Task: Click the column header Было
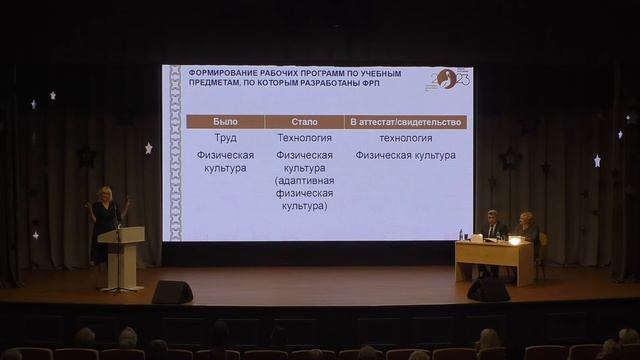pyautogui.click(x=225, y=122)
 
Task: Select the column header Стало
pyautogui.click(x=305, y=122)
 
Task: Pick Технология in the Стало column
pyautogui.click(x=305, y=138)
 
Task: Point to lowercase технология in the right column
pyautogui.click(x=406, y=138)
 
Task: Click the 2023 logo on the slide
pyautogui.click(x=447, y=79)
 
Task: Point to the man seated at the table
pyautogui.click(x=493, y=228)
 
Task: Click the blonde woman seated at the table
pyautogui.click(x=527, y=229)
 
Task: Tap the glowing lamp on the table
pyautogui.click(x=514, y=240)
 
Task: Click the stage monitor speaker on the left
pyautogui.click(x=172, y=292)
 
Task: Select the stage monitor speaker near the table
pyautogui.click(x=488, y=289)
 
